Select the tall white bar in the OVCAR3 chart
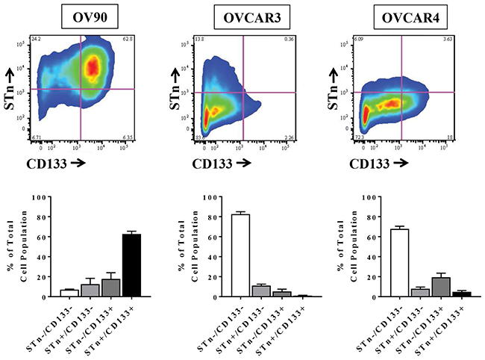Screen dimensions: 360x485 (240, 255)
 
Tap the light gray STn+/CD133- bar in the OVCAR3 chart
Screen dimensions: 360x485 (261, 291)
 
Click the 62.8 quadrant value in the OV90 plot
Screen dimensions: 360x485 (127, 37)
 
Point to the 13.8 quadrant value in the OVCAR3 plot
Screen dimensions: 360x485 (198, 37)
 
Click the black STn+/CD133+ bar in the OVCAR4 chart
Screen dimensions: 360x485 (461, 294)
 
